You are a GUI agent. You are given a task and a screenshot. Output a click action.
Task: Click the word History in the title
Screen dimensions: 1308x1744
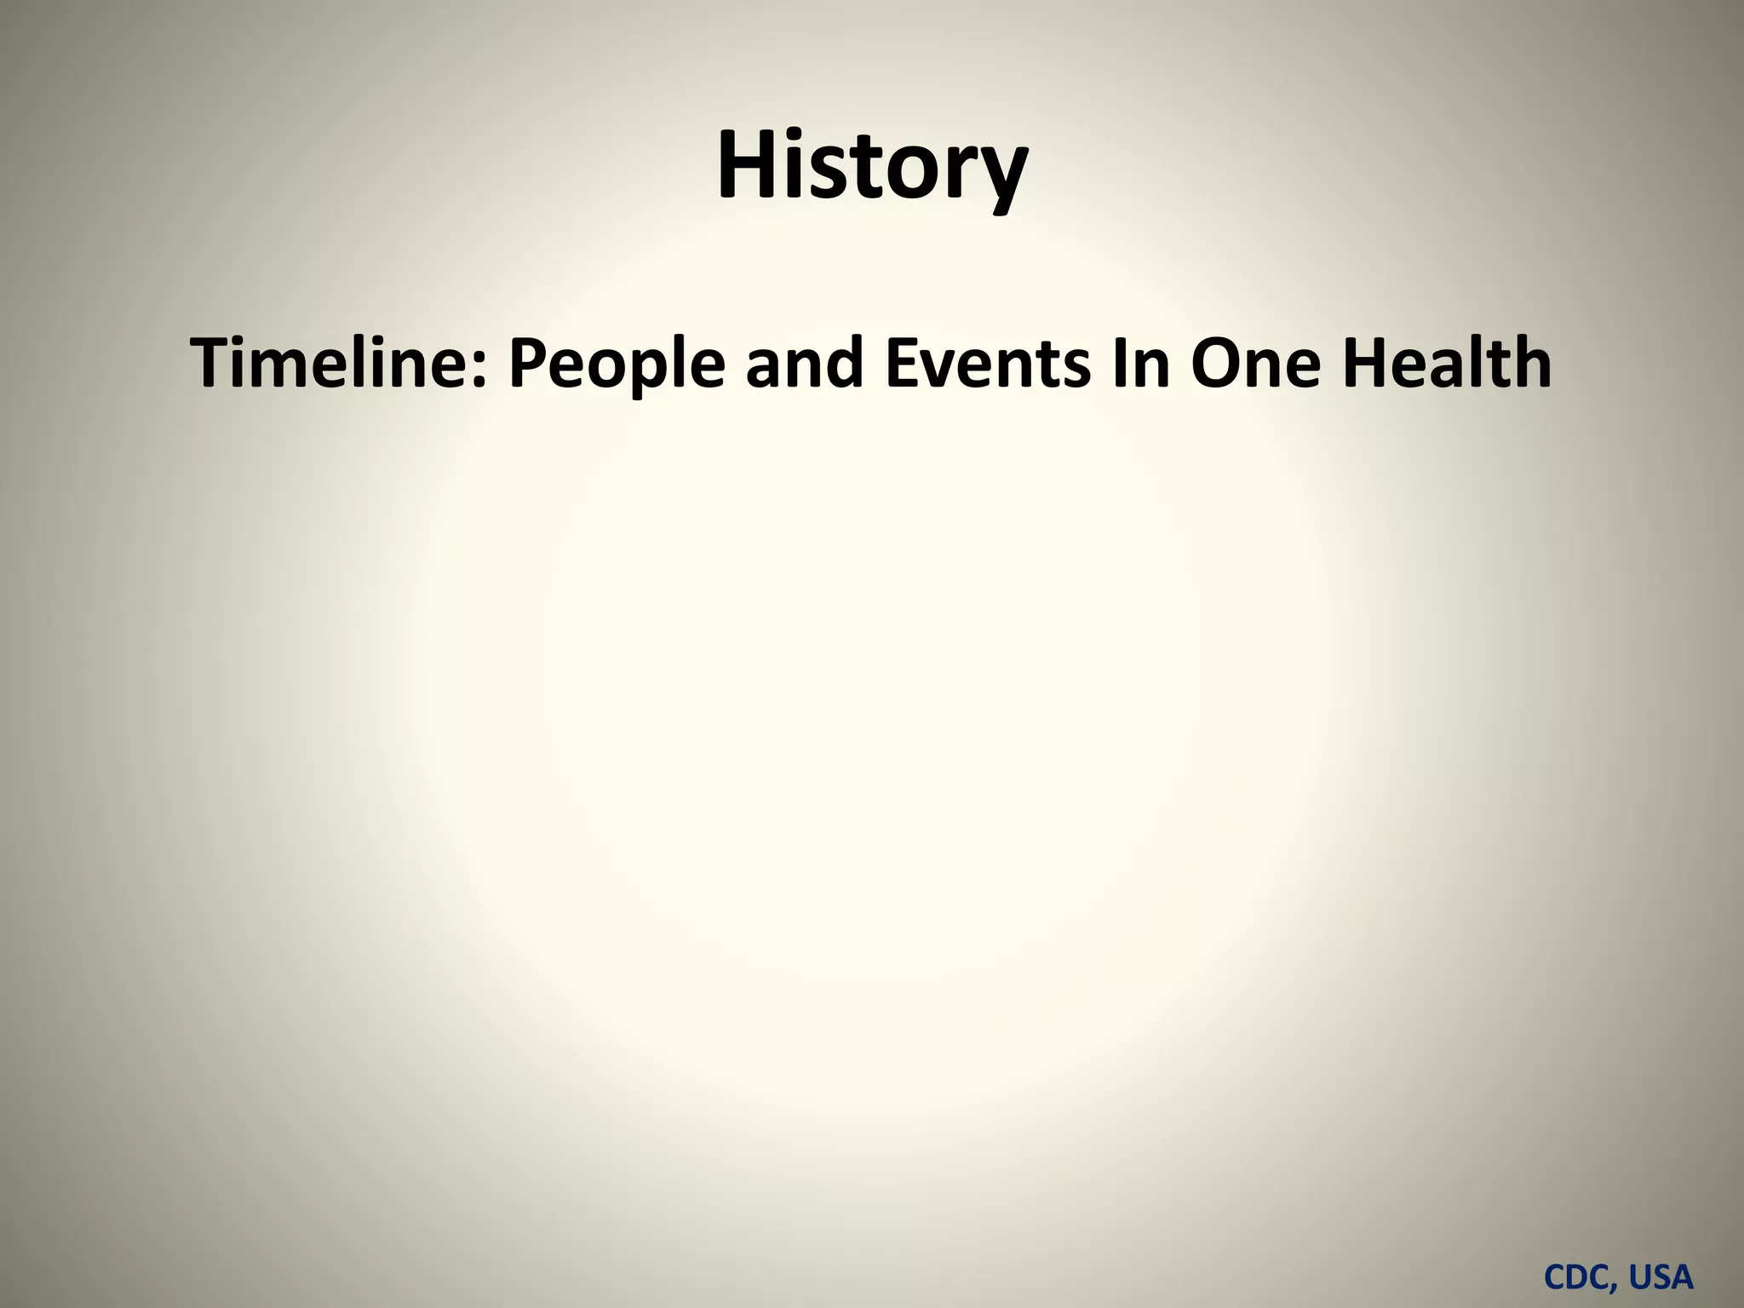(x=872, y=166)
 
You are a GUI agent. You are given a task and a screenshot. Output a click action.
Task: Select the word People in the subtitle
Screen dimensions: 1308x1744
(x=617, y=364)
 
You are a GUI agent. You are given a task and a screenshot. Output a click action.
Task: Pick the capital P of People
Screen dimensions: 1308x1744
(x=529, y=363)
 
